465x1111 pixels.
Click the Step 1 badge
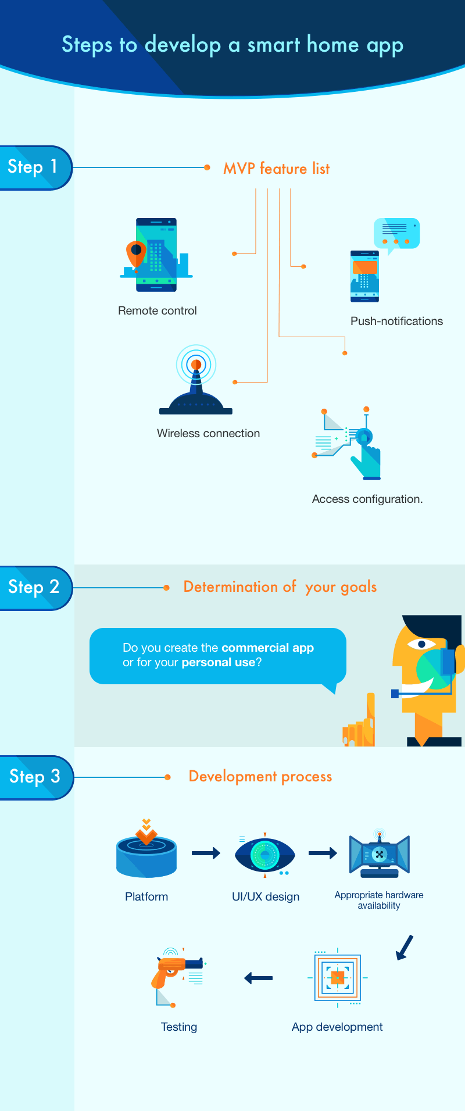tap(34, 167)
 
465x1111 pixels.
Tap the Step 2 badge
tap(34, 587)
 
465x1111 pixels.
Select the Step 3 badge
tap(35, 777)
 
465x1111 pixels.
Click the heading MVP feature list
tap(276, 169)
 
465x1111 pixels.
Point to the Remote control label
tap(158, 310)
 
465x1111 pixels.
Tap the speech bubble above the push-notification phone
tap(396, 233)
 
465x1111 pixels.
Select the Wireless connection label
tap(208, 433)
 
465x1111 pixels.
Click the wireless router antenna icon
tap(196, 381)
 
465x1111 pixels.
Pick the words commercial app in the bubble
tap(267, 648)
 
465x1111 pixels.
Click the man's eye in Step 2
tap(421, 644)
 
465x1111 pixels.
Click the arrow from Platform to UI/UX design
tap(206, 853)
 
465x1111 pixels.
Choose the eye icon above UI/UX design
tap(265, 855)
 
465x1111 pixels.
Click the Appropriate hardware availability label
tap(379, 900)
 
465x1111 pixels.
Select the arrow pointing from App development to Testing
tap(259, 978)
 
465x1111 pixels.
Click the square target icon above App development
tap(338, 977)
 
